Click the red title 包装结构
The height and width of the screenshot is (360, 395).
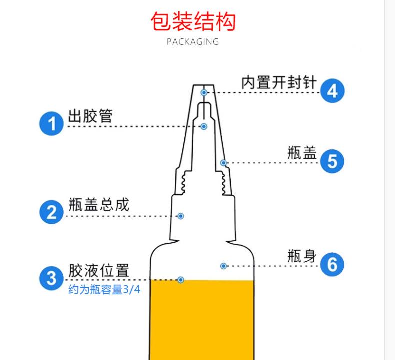click(193, 21)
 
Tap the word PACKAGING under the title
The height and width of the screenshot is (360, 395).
click(193, 42)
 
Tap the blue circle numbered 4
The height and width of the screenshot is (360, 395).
click(332, 91)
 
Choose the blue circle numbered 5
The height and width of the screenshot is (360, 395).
click(332, 161)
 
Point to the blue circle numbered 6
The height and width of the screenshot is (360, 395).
click(332, 264)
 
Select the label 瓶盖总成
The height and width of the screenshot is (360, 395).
click(99, 205)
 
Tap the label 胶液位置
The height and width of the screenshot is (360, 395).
click(99, 271)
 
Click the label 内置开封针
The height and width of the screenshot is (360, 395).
click(279, 82)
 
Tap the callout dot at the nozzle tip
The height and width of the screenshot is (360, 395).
click(204, 93)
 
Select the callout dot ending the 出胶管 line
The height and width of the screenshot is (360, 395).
click(204, 127)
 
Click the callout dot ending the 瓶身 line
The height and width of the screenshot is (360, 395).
click(224, 266)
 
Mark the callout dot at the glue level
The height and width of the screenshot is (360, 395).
click(181, 280)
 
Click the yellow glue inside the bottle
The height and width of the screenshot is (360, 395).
click(202, 320)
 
